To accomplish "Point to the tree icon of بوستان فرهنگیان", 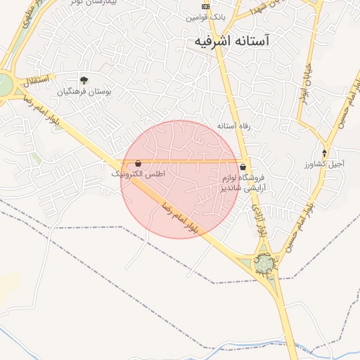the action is click(x=84, y=80).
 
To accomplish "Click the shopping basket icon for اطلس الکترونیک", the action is click(x=138, y=162).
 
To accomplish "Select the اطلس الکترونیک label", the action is click(x=139, y=173).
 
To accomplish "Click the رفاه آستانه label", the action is click(x=234, y=125).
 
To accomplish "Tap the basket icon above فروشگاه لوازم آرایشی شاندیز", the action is click(x=243, y=167).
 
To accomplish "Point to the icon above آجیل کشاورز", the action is click(x=324, y=153).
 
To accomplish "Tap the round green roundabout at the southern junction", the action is click(x=264, y=264).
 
